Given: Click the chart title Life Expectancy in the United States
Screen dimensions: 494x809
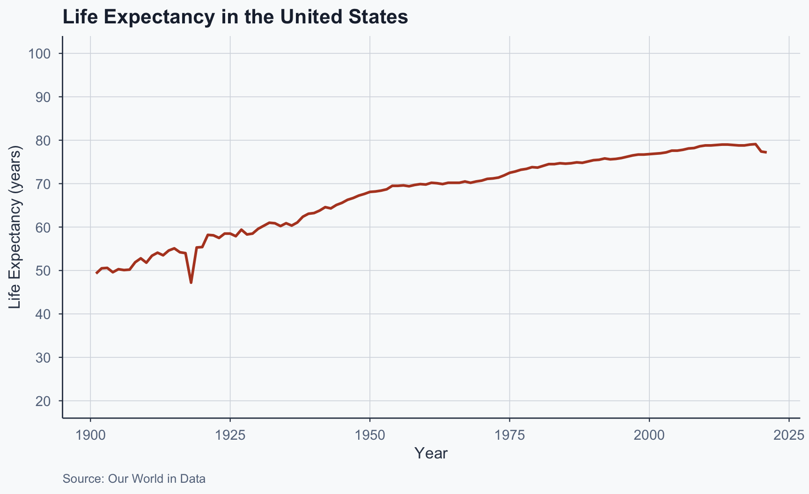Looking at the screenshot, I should click(x=235, y=17).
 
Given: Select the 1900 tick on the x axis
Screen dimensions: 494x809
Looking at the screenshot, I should click(x=90, y=435).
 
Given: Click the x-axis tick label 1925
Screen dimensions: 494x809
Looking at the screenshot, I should click(x=230, y=435).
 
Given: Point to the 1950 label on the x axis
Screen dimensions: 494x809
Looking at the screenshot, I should click(x=370, y=435).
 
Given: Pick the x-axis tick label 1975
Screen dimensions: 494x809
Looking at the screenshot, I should click(x=509, y=435).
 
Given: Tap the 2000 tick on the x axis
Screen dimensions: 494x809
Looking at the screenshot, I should click(x=649, y=435).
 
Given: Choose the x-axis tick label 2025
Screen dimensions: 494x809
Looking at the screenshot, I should click(x=789, y=435).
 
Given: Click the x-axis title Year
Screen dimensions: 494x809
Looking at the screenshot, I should click(x=431, y=453).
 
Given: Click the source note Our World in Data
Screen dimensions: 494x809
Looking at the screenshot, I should click(x=134, y=479).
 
